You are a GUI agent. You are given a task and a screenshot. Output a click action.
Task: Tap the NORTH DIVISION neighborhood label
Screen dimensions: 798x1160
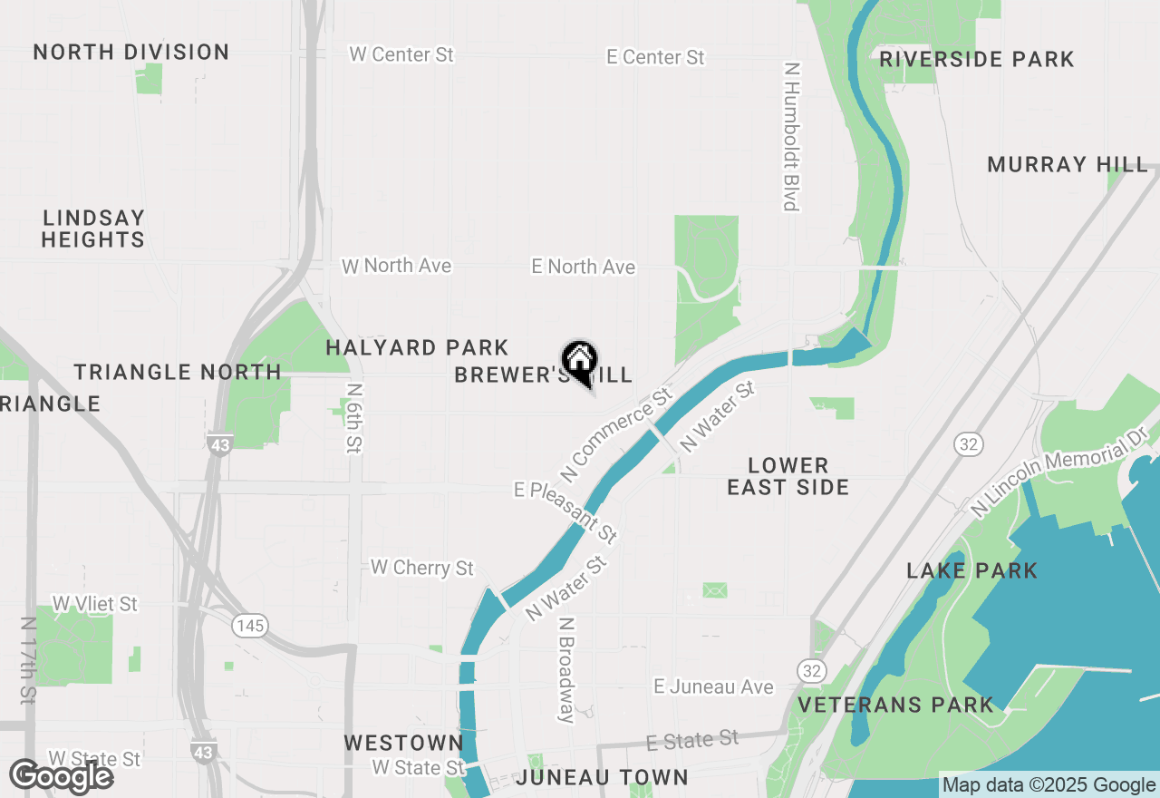point(131,53)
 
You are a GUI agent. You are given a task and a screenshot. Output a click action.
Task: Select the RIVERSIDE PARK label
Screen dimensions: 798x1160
point(977,60)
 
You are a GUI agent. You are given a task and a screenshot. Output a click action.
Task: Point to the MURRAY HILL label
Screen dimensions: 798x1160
point(1068,165)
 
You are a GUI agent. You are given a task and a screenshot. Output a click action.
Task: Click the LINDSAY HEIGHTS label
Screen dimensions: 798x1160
point(93,229)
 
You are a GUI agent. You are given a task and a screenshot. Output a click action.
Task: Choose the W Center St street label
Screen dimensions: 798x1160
point(401,54)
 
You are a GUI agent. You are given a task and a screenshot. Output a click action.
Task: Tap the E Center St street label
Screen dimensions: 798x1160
point(655,57)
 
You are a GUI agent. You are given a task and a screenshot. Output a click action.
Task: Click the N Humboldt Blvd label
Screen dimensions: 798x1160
point(791,136)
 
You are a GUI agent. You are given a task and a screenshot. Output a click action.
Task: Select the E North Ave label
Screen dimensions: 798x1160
point(583,267)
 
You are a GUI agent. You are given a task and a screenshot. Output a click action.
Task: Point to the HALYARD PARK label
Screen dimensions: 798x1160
point(417,348)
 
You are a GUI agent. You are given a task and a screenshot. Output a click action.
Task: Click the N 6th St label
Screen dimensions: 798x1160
point(353,416)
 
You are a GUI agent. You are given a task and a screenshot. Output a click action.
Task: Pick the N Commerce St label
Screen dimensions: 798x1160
point(615,434)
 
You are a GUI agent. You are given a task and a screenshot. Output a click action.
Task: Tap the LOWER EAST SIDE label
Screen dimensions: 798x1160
point(788,476)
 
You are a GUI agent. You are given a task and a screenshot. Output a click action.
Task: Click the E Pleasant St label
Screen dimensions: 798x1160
point(566,512)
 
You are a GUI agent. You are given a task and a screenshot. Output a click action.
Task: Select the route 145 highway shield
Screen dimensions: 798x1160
point(248,625)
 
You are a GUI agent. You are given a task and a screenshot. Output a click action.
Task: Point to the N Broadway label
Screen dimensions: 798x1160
point(566,670)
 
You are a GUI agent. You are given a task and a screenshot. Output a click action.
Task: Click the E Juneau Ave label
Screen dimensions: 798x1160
point(713,687)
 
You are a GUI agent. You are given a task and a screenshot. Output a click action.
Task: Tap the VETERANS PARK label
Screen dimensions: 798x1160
point(895,705)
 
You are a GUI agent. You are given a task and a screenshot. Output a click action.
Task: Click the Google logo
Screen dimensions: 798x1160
point(62,777)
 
